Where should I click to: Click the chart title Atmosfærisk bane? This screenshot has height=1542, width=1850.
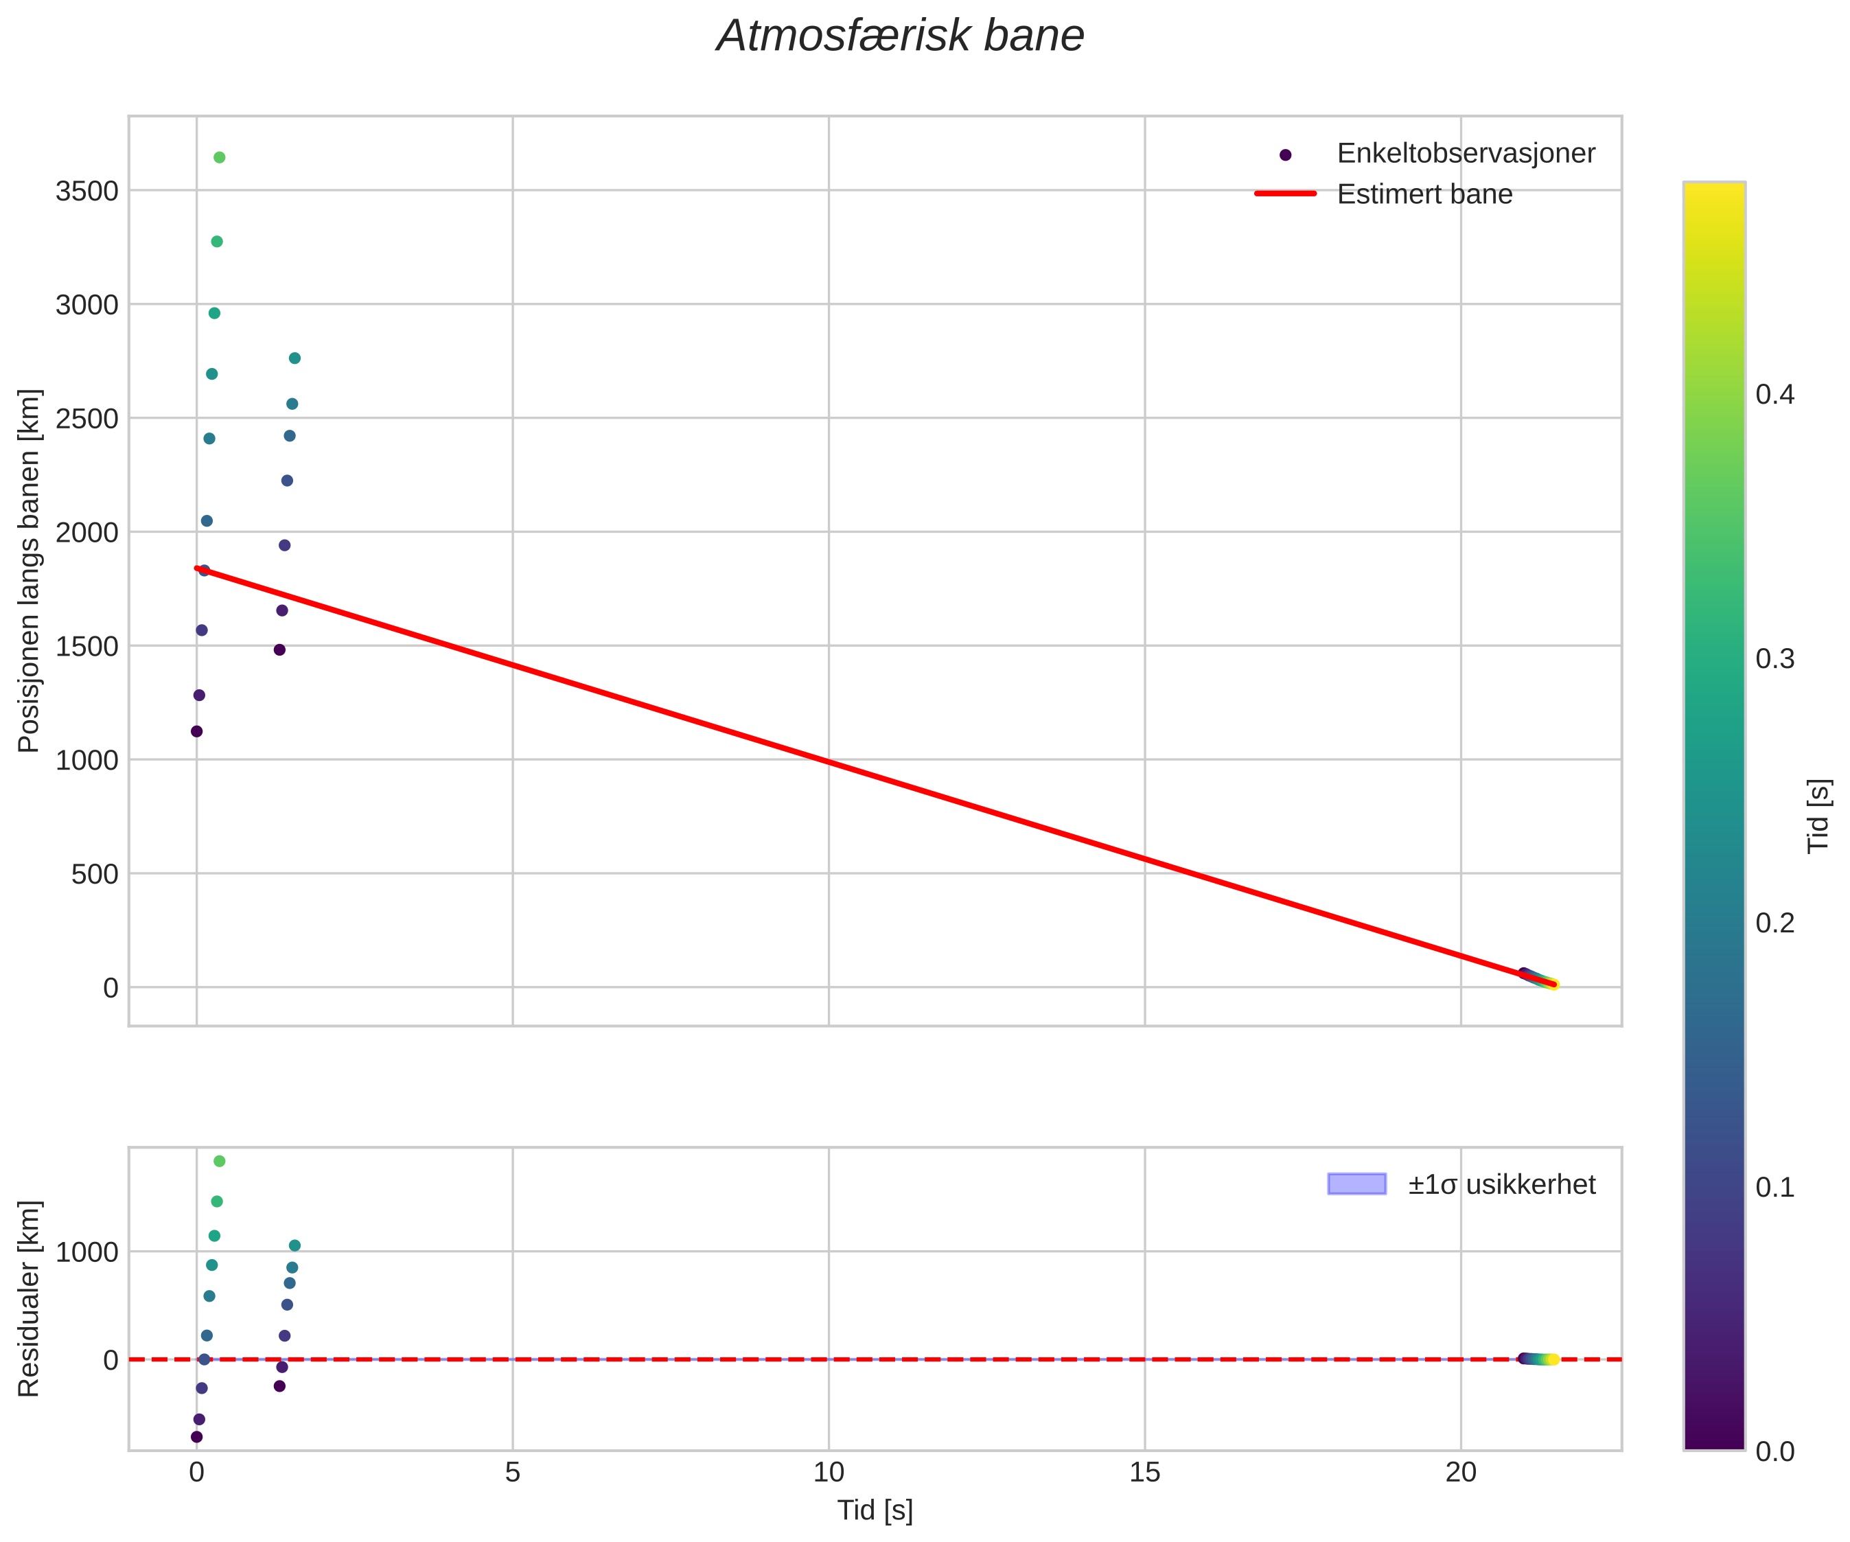[899, 37]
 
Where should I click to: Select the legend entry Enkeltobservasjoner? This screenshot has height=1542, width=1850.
[1465, 153]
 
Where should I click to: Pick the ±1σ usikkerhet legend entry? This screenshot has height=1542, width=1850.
[1501, 1184]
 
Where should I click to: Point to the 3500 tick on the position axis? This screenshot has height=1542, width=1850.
[86, 192]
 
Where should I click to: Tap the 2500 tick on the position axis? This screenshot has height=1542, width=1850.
[86, 419]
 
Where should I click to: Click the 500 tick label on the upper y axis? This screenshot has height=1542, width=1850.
[94, 874]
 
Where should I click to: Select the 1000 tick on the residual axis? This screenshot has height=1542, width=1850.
[86, 1252]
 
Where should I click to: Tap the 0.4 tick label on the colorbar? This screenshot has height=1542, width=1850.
[1774, 394]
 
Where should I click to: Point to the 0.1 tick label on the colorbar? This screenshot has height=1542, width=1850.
[1774, 1187]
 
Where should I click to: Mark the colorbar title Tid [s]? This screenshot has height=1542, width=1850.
[1818, 815]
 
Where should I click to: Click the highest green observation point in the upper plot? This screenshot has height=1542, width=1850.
[220, 158]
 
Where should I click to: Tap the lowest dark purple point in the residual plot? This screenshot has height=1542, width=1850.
[196, 1436]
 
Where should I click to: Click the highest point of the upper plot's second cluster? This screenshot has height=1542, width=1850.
[295, 358]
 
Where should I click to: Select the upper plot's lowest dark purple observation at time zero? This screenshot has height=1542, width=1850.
[196, 731]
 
